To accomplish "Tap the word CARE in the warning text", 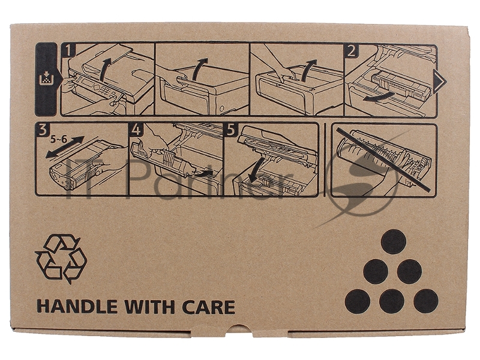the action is (x=209, y=307).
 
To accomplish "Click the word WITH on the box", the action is (x=149, y=307).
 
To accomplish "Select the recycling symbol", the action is (x=61, y=259).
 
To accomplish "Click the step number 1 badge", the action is (x=68, y=51).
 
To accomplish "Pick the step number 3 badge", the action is (x=42, y=130).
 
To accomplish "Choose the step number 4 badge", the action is (x=136, y=130).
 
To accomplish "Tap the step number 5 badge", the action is (x=231, y=130).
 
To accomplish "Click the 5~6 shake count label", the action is (x=58, y=139).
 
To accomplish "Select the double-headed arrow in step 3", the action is (x=65, y=147).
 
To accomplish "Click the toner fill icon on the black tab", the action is (x=46, y=79).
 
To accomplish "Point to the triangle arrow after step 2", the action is (x=440, y=81).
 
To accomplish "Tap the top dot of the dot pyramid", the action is (x=394, y=242).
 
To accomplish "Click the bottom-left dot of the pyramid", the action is (x=357, y=301).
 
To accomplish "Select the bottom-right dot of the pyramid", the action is (x=426, y=301).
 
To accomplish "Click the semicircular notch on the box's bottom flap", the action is (x=239, y=329).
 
